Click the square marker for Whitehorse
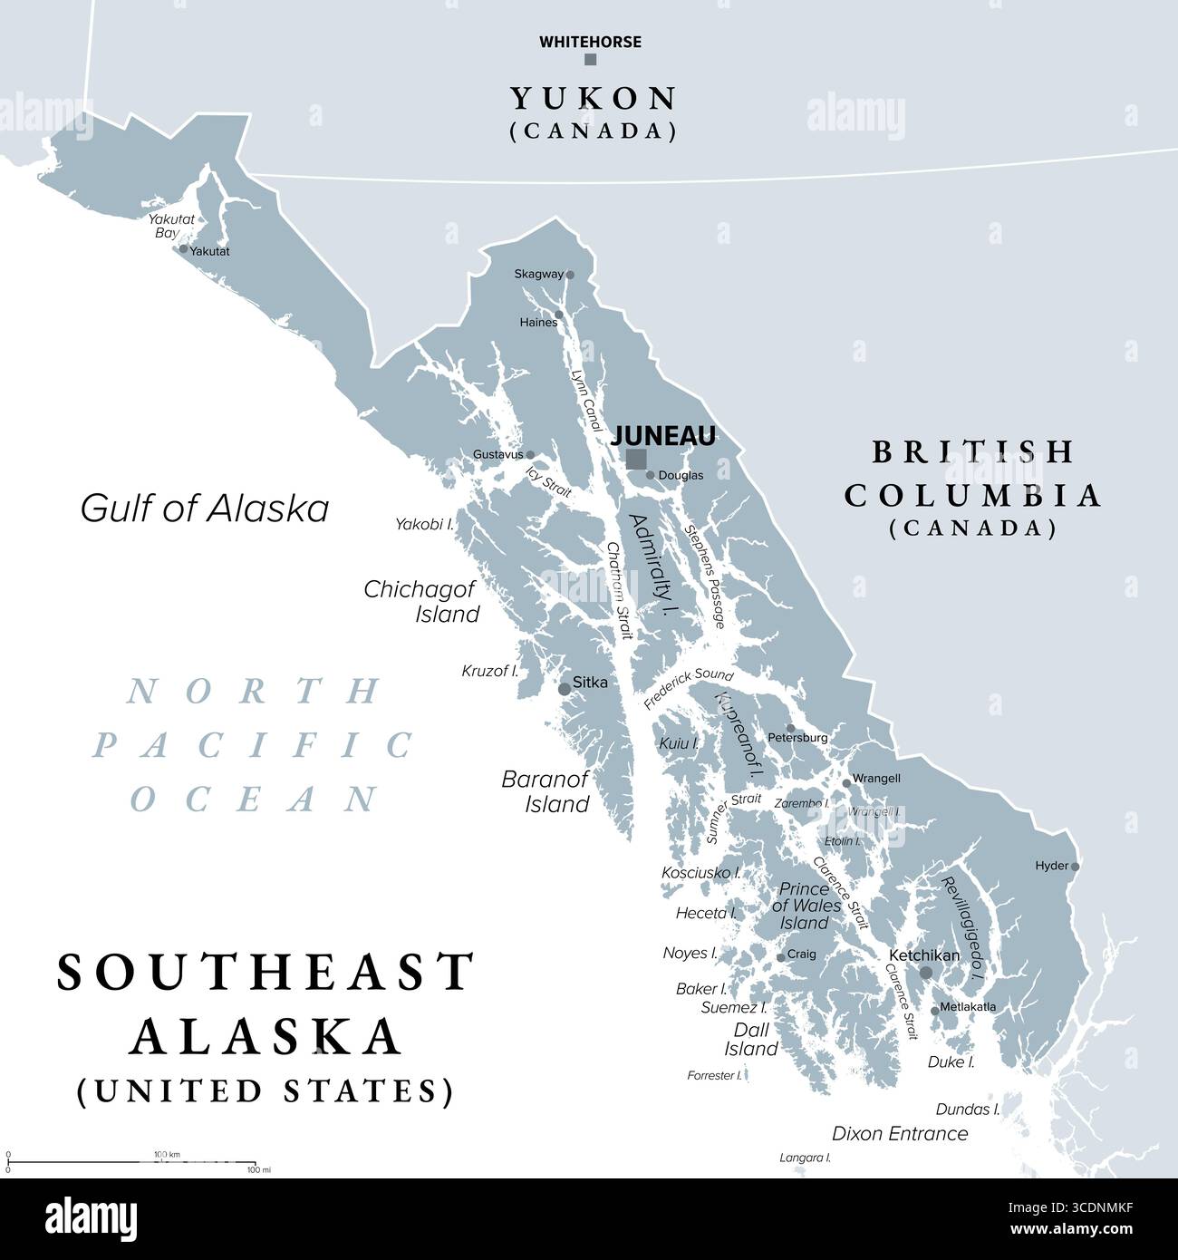click(591, 60)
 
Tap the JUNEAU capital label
click(664, 436)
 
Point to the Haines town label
click(538, 323)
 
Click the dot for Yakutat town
click(184, 248)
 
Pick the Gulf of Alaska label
click(205, 509)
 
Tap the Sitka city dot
click(565, 689)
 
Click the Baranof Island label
click(546, 790)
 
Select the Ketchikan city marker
click(925, 973)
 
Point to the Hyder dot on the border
click(1076, 867)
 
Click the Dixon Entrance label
click(900, 1133)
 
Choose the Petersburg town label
click(797, 738)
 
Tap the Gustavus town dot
click(530, 455)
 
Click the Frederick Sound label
click(689, 690)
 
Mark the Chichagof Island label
click(421, 601)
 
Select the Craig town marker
click(780, 957)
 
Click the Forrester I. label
click(714, 1076)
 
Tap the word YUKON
click(593, 98)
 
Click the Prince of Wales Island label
click(805, 906)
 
